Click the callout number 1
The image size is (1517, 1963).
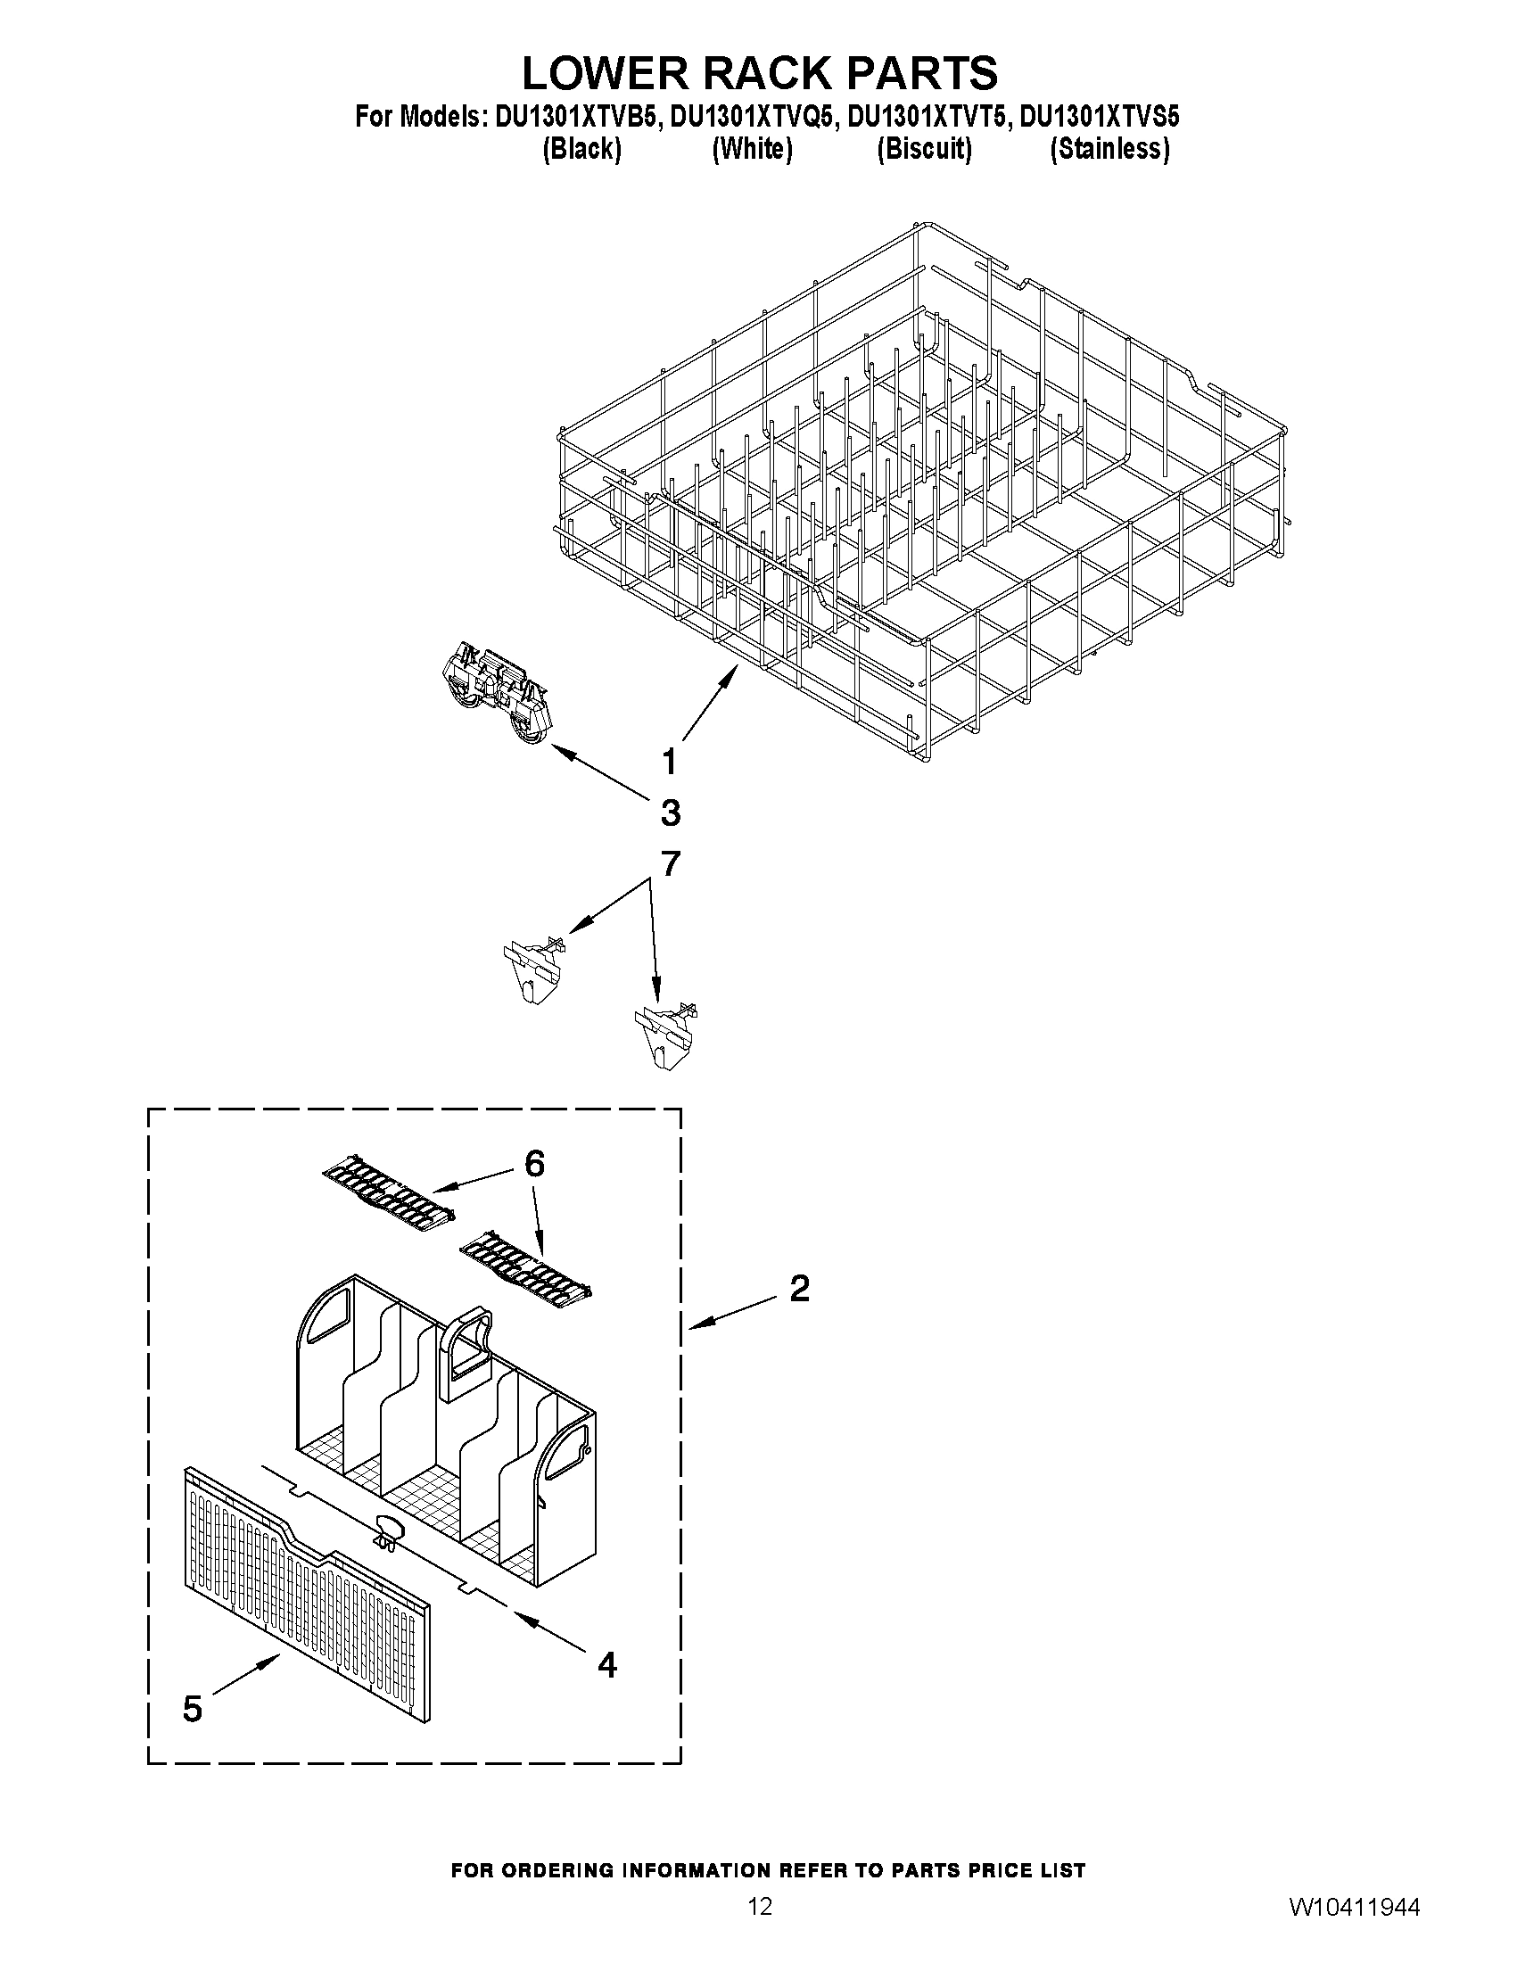(669, 763)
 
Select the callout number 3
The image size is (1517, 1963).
(671, 813)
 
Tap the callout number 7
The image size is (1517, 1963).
(671, 863)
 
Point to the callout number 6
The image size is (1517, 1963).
(534, 1164)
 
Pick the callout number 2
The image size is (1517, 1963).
(799, 1289)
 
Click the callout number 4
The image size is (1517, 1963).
(607, 1664)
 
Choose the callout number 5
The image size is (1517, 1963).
(193, 1709)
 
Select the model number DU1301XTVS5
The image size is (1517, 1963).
(1099, 117)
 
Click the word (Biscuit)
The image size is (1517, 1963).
(924, 148)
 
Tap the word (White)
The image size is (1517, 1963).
(752, 148)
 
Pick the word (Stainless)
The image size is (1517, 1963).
(1110, 148)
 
